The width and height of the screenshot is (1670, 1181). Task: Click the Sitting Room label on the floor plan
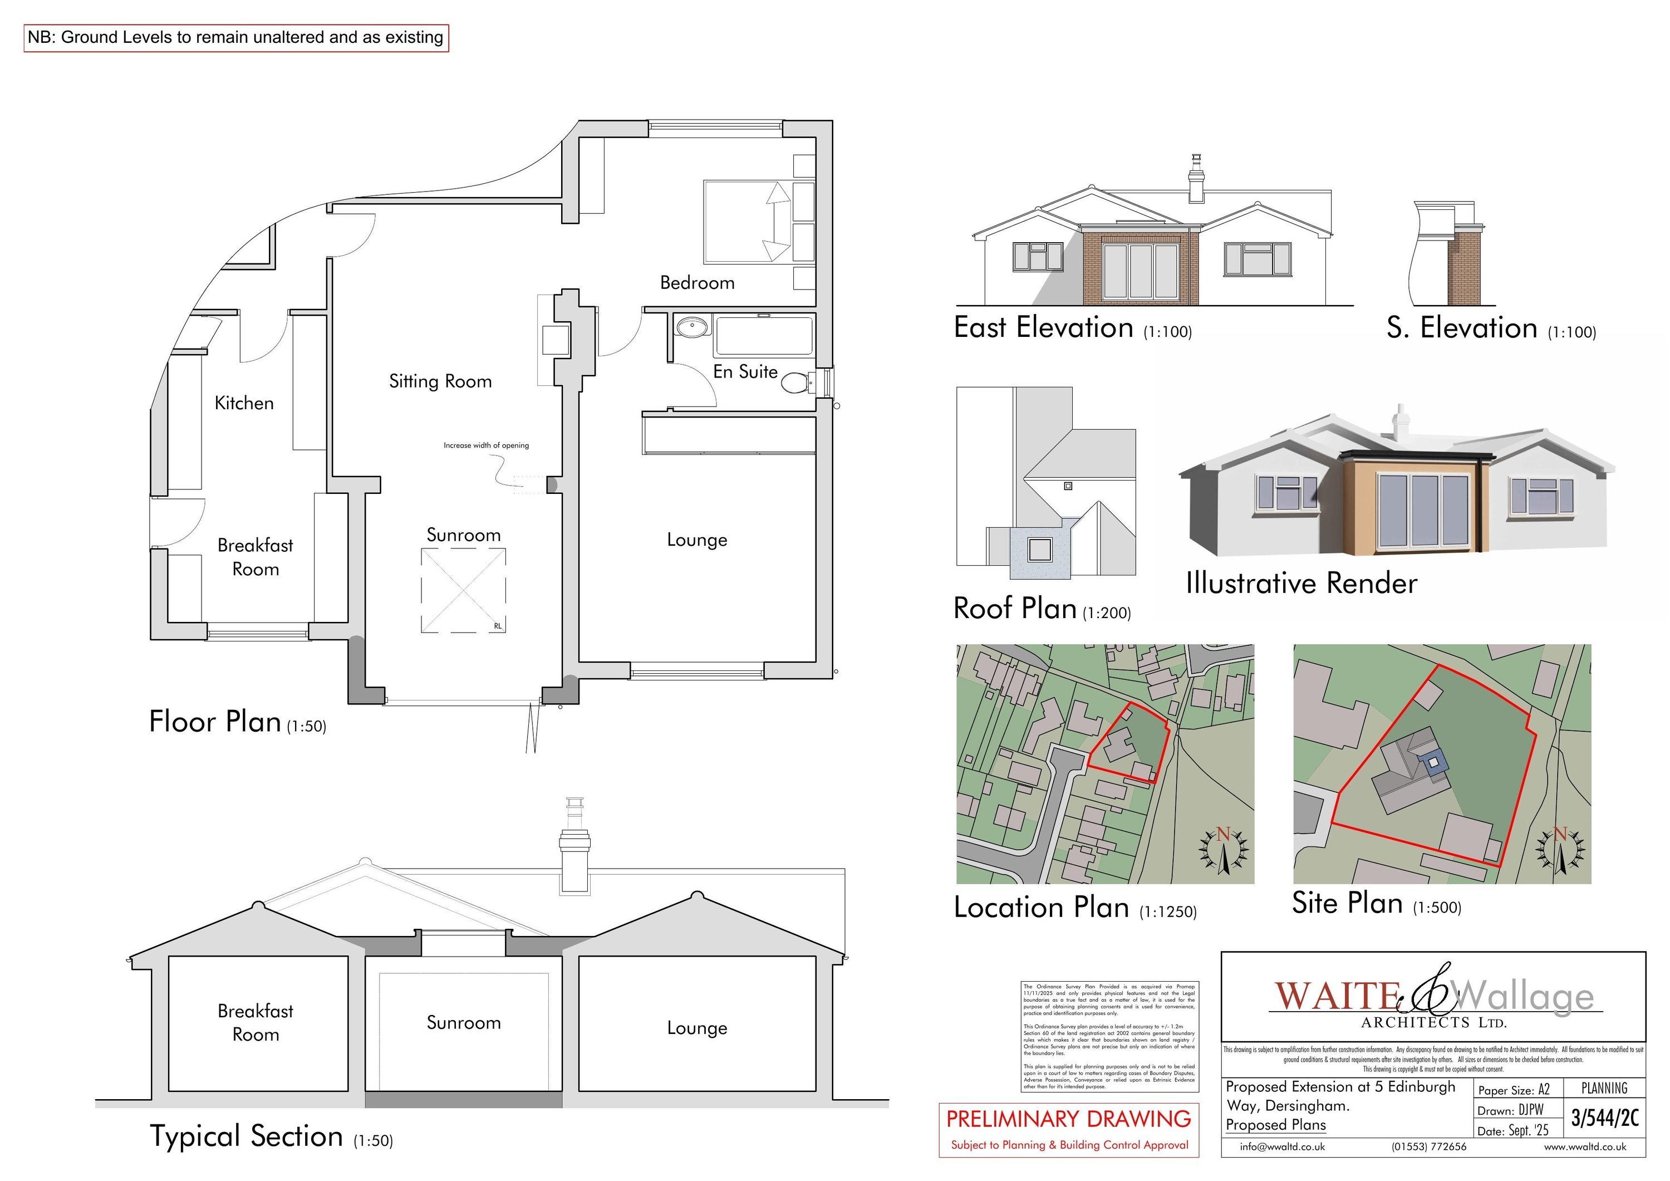tap(440, 381)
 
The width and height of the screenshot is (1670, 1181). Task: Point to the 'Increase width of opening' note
tap(486, 445)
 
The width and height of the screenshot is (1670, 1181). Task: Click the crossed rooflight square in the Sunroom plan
tap(463, 590)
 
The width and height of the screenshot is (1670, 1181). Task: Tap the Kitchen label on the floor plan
tap(244, 403)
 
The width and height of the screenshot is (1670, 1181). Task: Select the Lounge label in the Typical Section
tap(697, 1028)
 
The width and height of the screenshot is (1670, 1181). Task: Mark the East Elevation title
tap(1044, 327)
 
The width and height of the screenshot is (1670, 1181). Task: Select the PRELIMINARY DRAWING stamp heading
tap(1068, 1119)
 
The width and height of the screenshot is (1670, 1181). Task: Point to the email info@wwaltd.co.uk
tap(1283, 1147)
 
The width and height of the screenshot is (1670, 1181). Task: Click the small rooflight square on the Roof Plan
tap(1068, 486)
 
